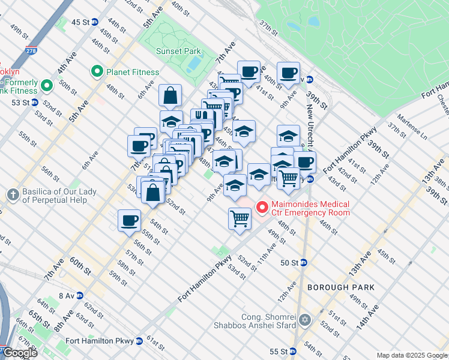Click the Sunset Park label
point(178,51)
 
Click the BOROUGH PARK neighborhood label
point(341,287)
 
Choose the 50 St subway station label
point(290,262)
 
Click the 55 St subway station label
point(279,351)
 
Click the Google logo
point(20,353)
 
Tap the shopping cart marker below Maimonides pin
point(240,217)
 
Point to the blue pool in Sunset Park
point(193,63)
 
